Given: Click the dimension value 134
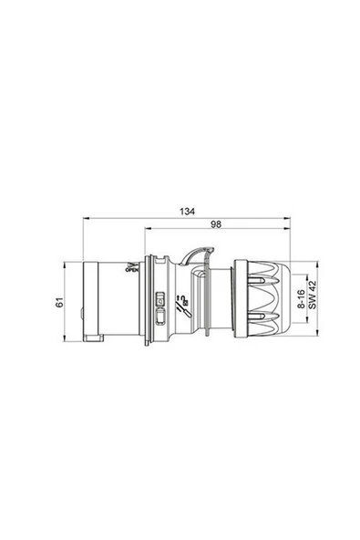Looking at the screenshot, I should [187, 212].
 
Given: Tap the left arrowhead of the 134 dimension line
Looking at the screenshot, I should [87, 219].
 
